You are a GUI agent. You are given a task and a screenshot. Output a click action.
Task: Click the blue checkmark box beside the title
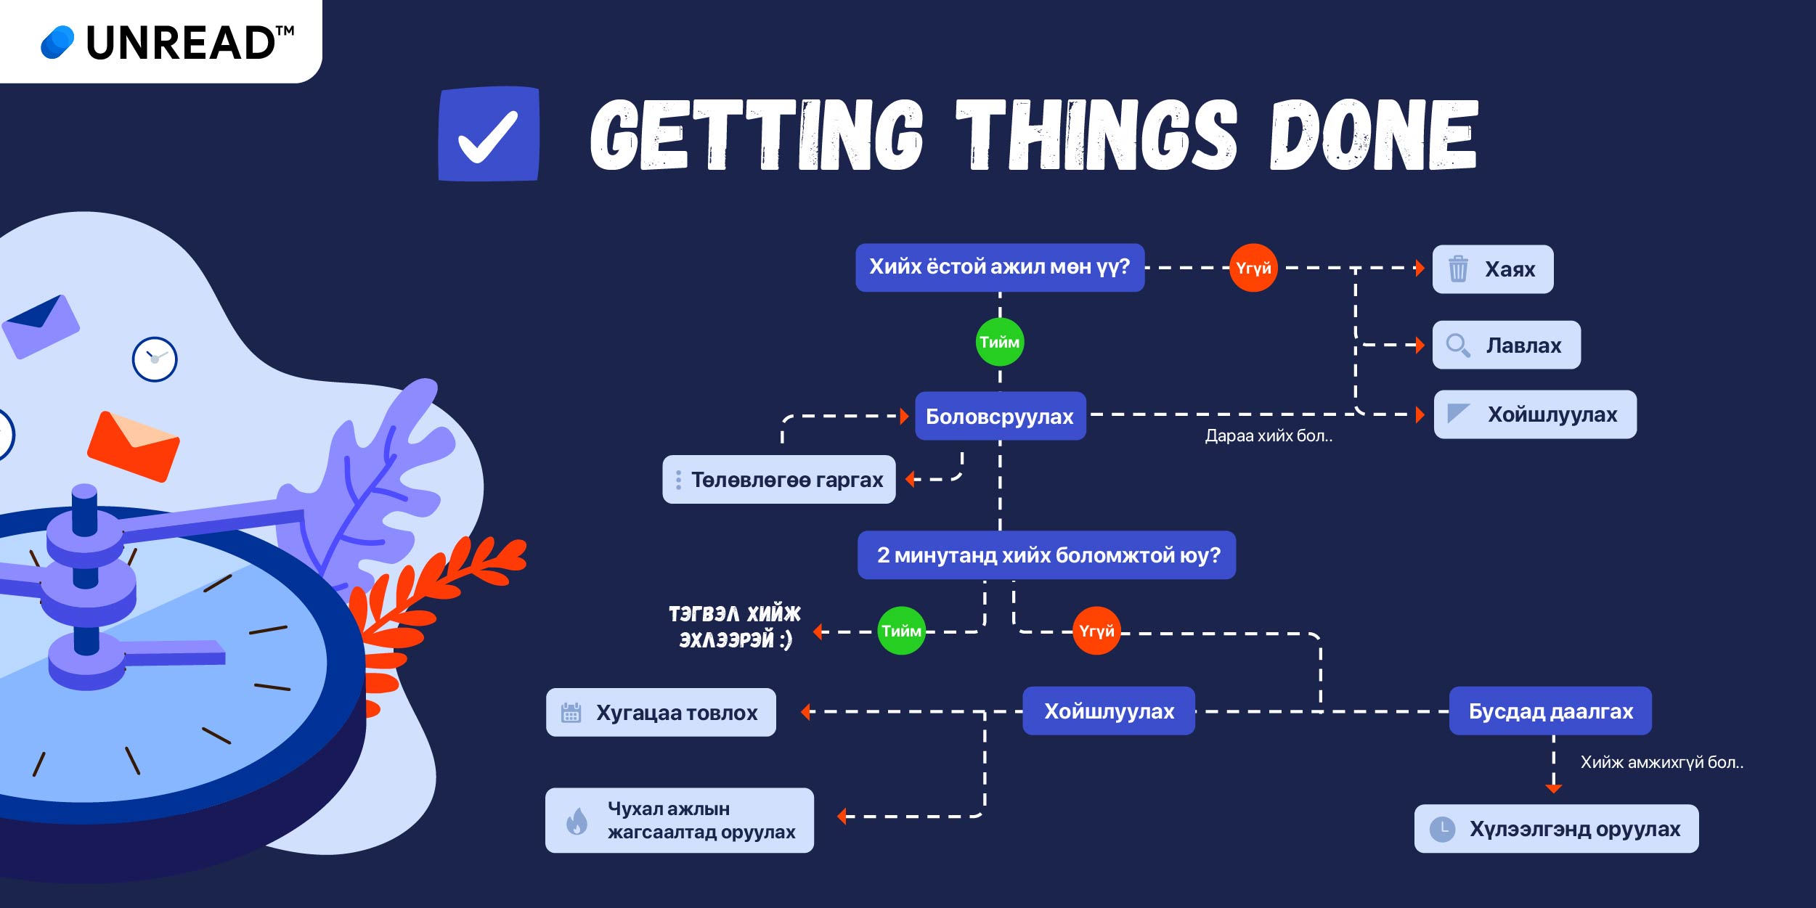coord(489,134)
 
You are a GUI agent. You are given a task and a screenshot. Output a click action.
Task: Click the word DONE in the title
coord(1374,135)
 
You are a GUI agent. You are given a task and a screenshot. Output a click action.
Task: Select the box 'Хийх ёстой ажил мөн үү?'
coord(1000,267)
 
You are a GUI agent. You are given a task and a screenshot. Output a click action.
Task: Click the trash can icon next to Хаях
coord(1458,269)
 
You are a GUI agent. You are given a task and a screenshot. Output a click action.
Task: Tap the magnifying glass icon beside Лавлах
coord(1458,345)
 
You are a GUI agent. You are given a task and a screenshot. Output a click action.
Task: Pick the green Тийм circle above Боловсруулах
coord(1000,342)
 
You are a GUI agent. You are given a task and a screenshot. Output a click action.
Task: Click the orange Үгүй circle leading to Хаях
coord(1253,268)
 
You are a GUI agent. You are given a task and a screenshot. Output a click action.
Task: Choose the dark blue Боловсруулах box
coord(1001,416)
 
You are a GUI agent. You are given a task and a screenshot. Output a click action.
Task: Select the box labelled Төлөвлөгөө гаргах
coord(779,479)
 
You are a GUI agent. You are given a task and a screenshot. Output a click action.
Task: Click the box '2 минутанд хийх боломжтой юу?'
coord(1046,555)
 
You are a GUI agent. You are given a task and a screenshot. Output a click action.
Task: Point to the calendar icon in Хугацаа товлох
coord(571,712)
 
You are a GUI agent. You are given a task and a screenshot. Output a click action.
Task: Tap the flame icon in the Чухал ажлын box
coord(577,821)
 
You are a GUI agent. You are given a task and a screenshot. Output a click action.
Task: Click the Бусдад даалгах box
coord(1550,711)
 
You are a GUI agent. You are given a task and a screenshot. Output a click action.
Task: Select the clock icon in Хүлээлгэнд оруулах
coord(1443,829)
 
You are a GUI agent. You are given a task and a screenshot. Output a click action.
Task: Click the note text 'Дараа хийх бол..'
coord(1269,435)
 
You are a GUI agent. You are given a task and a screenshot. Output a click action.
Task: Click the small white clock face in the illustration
coord(155,359)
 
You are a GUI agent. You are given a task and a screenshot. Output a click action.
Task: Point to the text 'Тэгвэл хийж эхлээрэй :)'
coord(734,626)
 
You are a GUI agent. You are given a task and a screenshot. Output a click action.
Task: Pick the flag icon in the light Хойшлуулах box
coord(1458,413)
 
